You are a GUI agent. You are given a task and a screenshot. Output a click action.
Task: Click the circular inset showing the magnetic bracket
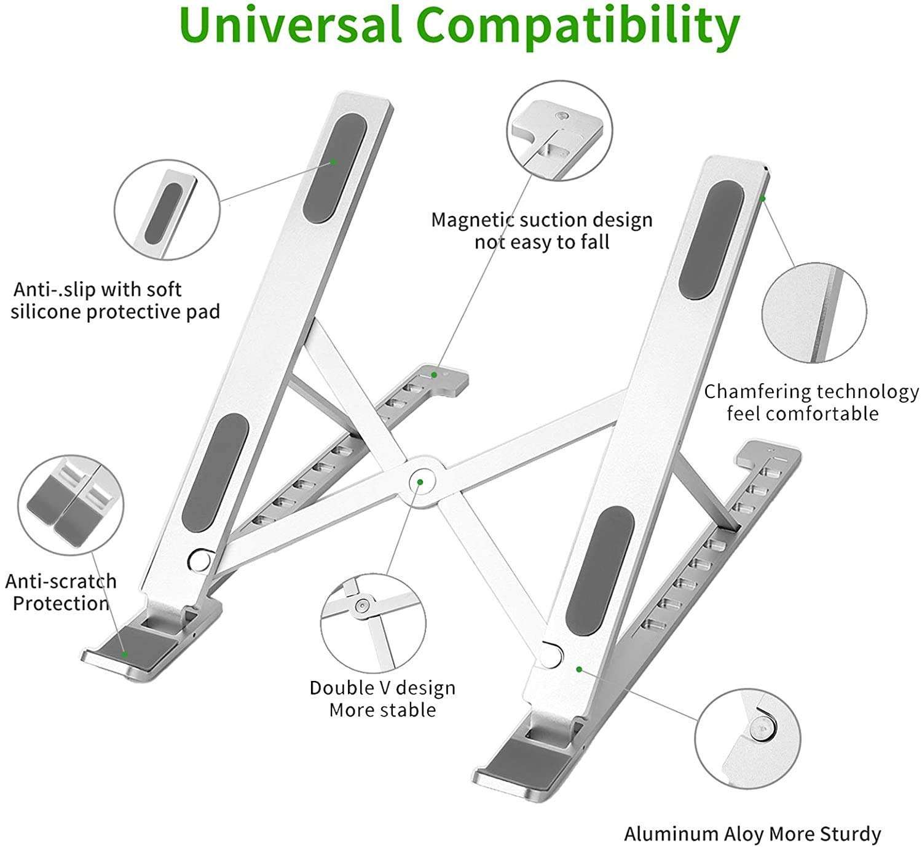(x=559, y=130)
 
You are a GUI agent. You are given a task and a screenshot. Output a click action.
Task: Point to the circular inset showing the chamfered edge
(x=814, y=312)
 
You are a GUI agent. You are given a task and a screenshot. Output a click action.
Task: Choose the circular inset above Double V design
(x=373, y=621)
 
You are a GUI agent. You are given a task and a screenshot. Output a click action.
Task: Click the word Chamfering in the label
(x=755, y=392)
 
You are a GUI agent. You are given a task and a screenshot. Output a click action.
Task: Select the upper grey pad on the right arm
(x=711, y=241)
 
